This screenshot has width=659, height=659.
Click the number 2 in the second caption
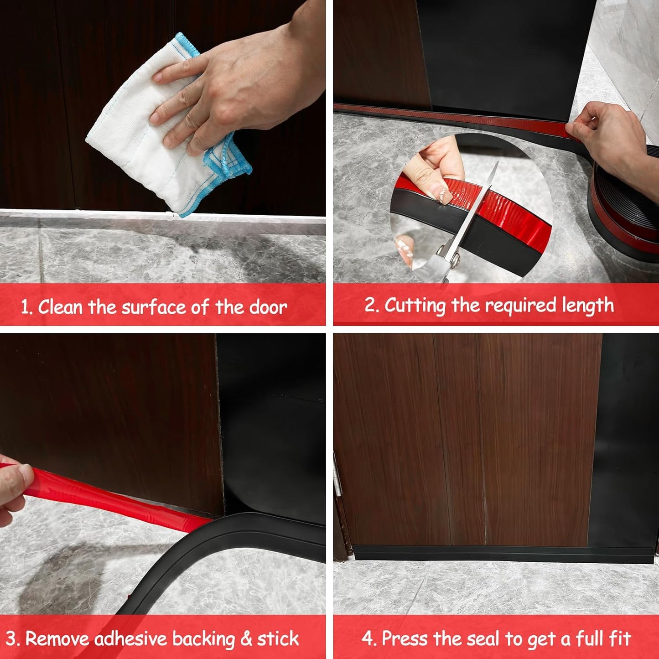click(x=371, y=305)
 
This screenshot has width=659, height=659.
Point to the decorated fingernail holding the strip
click(x=443, y=196)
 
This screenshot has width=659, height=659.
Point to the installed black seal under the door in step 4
click(x=502, y=553)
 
